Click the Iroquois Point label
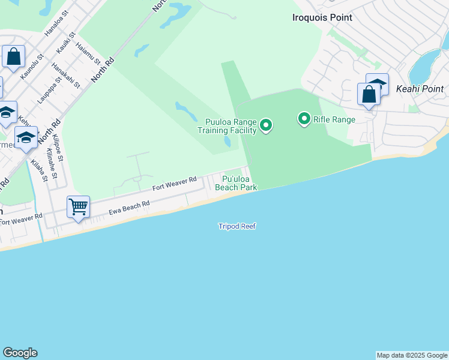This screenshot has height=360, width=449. (x=322, y=17)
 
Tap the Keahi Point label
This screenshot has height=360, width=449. (x=420, y=89)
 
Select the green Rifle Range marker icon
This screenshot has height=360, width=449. (x=304, y=119)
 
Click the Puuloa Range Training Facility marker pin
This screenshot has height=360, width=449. (x=266, y=125)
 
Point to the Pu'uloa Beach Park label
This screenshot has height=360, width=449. (x=239, y=183)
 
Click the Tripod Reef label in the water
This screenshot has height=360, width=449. (x=237, y=226)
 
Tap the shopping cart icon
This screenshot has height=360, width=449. (x=79, y=208)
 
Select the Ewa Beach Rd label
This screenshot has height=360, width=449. (x=128, y=208)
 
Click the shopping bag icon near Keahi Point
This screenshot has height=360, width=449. (x=369, y=95)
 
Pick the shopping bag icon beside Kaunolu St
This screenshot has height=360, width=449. (x=13, y=57)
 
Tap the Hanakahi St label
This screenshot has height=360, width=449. (x=65, y=75)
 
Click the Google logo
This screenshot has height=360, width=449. (x=20, y=353)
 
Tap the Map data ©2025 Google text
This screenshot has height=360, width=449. (x=412, y=355)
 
